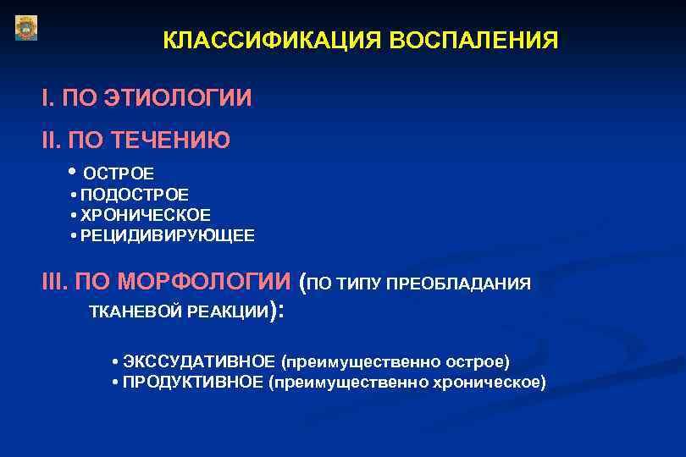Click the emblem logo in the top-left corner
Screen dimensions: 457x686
pyautogui.click(x=26, y=28)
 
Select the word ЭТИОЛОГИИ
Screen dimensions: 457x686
pyautogui.click(x=178, y=98)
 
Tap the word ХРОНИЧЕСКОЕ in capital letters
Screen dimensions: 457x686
pyautogui.click(x=146, y=215)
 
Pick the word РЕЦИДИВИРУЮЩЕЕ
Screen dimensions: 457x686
pyautogui.click(x=167, y=235)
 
